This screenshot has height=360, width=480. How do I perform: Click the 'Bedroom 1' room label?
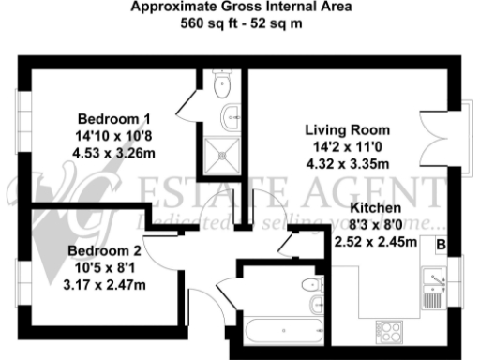(113, 119)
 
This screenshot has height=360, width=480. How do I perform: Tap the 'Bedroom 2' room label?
(104, 250)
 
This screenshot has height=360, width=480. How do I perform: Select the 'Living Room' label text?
(348, 129)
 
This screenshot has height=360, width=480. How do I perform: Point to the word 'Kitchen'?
(376, 207)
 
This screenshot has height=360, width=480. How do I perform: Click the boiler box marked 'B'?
(441, 245)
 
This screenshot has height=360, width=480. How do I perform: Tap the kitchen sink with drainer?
(432, 288)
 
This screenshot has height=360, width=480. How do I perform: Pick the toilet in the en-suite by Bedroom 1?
(222, 87)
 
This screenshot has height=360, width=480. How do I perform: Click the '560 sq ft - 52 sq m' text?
(241, 22)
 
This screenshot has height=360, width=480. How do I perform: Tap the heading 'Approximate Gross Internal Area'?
(241, 7)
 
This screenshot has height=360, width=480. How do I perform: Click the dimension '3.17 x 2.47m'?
(104, 282)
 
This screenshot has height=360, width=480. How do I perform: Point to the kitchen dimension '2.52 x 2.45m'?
(376, 239)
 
